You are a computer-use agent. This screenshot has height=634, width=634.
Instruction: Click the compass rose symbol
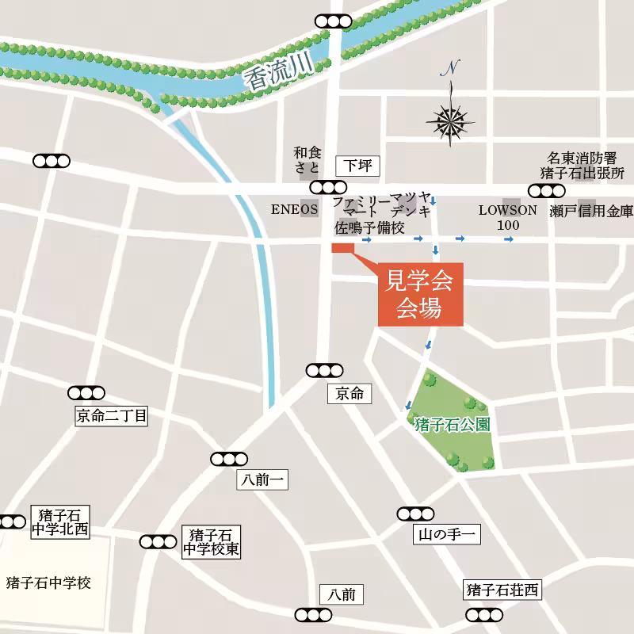pyautogui.click(x=451, y=122)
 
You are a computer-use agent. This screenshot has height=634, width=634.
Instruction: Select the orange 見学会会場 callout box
pyautogui.click(x=419, y=293)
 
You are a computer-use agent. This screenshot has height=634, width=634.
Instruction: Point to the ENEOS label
pyautogui.click(x=294, y=211)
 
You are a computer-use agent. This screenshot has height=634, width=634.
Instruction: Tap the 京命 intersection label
pyautogui.click(x=349, y=393)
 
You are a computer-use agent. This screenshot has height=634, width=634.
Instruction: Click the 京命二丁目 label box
pyautogui.click(x=112, y=415)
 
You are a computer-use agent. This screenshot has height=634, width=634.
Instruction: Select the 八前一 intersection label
pyautogui.click(x=262, y=479)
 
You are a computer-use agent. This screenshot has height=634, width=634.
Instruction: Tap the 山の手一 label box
pyautogui.click(x=446, y=536)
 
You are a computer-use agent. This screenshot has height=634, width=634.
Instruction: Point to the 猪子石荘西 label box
pyautogui.click(x=502, y=590)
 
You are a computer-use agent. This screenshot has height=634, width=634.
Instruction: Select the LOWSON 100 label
pyautogui.click(x=508, y=218)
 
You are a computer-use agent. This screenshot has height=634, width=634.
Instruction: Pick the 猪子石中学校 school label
pyautogui.click(x=48, y=583)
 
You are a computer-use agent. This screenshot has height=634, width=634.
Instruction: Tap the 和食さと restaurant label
pyautogui.click(x=307, y=159)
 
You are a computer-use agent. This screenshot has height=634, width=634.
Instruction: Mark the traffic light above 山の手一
pyautogui.click(x=416, y=514)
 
